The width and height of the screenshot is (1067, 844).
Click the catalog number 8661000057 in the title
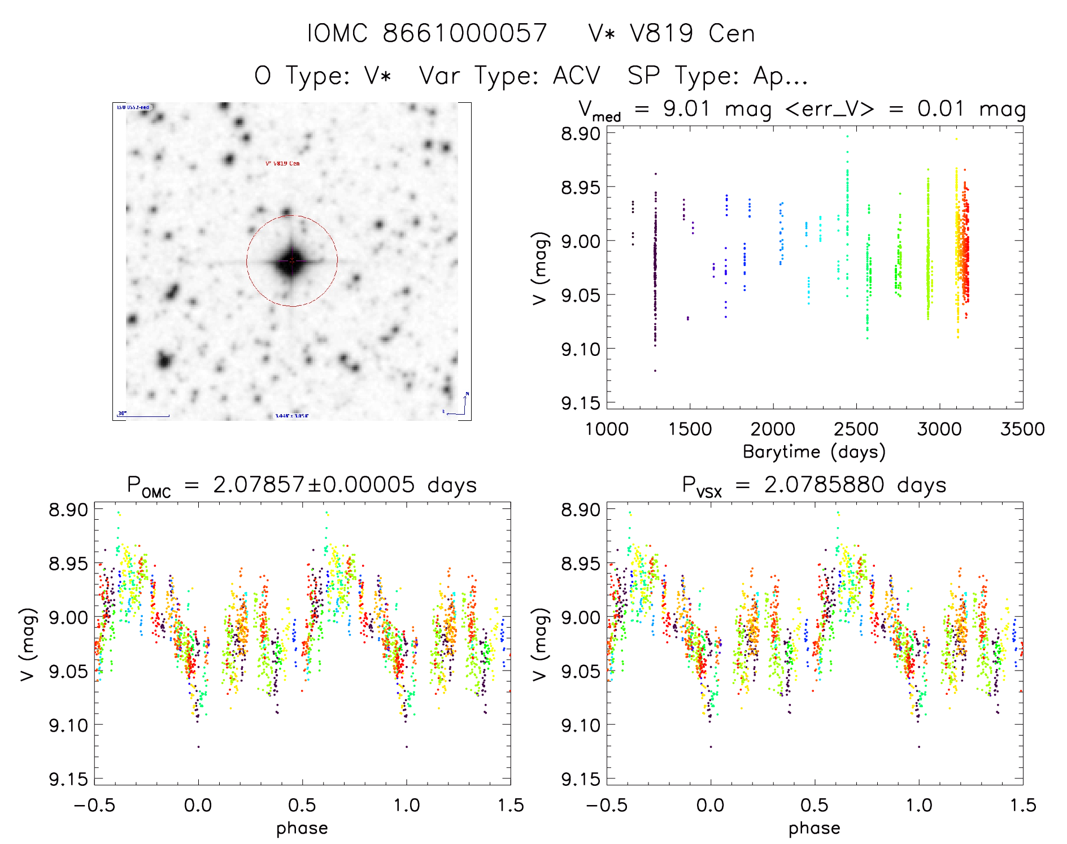point(465,33)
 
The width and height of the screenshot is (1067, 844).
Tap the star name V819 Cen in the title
point(692,33)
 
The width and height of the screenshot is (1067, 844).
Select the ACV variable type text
point(576,75)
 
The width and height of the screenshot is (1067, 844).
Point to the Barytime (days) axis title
point(814,452)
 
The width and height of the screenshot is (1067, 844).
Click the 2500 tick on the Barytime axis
point(856,429)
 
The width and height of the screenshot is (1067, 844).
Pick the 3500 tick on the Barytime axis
point(1022,429)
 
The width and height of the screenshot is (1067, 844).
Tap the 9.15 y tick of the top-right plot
point(580,403)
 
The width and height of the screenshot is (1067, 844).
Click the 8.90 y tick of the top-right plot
point(580,134)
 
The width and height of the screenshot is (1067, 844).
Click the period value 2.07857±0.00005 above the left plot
point(313,485)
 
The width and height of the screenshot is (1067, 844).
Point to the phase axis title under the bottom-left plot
point(302,828)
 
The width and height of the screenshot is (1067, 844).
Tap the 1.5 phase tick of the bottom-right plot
point(1022,805)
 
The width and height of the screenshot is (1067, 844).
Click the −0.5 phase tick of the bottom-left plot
point(94,805)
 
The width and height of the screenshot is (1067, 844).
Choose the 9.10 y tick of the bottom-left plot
point(68,725)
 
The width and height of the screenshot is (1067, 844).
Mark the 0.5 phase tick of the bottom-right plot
point(814,805)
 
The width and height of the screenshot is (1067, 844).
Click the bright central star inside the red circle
point(291,261)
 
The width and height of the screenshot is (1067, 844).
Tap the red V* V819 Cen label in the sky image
point(282,163)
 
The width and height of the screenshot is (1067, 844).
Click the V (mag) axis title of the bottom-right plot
point(540,644)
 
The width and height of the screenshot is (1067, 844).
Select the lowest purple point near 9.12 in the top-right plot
point(655,371)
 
